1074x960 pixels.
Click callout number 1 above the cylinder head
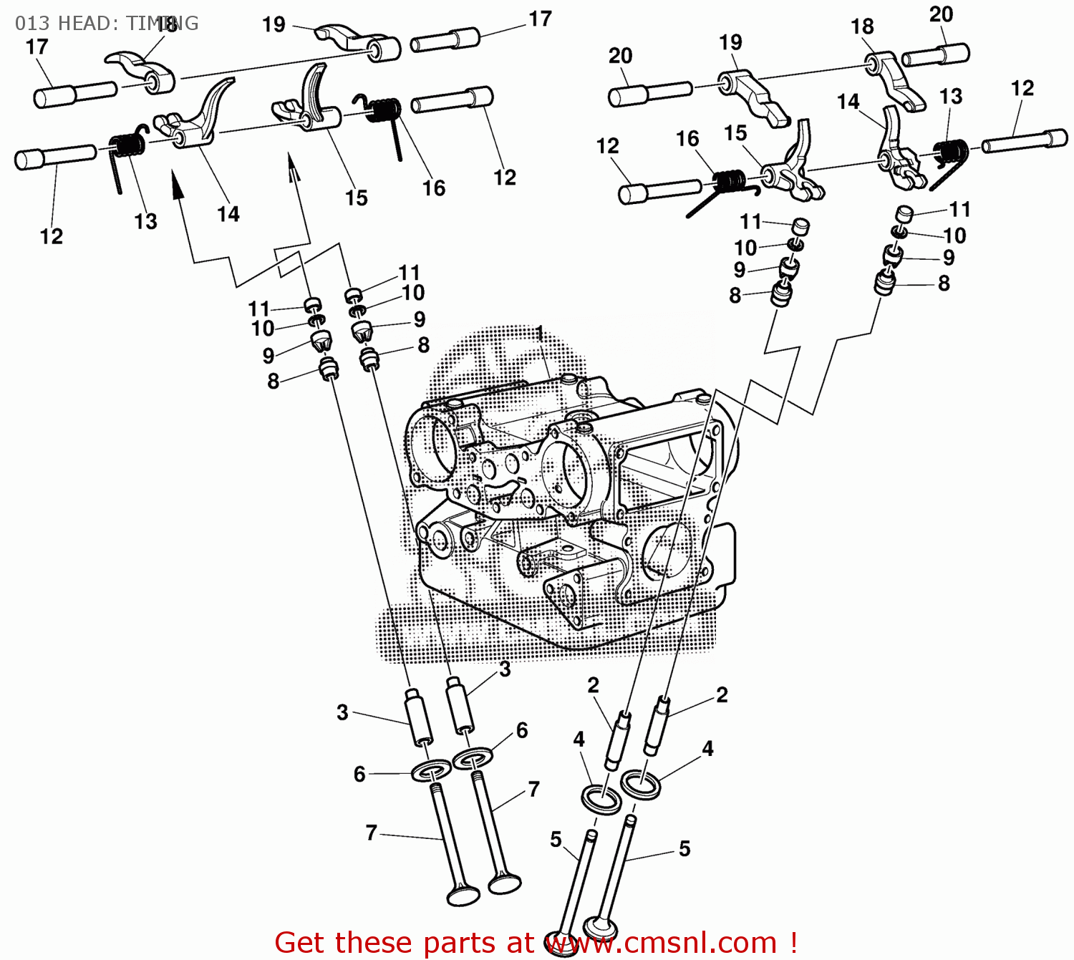pyautogui.click(x=540, y=334)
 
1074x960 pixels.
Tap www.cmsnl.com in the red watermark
pyautogui.click(x=662, y=943)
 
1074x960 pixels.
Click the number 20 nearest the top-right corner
pyautogui.click(x=941, y=15)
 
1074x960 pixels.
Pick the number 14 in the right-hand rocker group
pyautogui.click(x=848, y=102)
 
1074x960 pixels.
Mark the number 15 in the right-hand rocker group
pyautogui.click(x=735, y=134)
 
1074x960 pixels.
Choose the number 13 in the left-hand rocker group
pyautogui.click(x=145, y=222)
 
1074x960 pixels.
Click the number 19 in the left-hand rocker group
pyautogui.click(x=274, y=25)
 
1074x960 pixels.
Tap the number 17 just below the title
pyautogui.click(x=37, y=47)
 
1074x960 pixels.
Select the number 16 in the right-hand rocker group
pyautogui.click(x=687, y=139)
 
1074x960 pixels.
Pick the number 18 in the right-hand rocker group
pyautogui.click(x=862, y=27)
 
